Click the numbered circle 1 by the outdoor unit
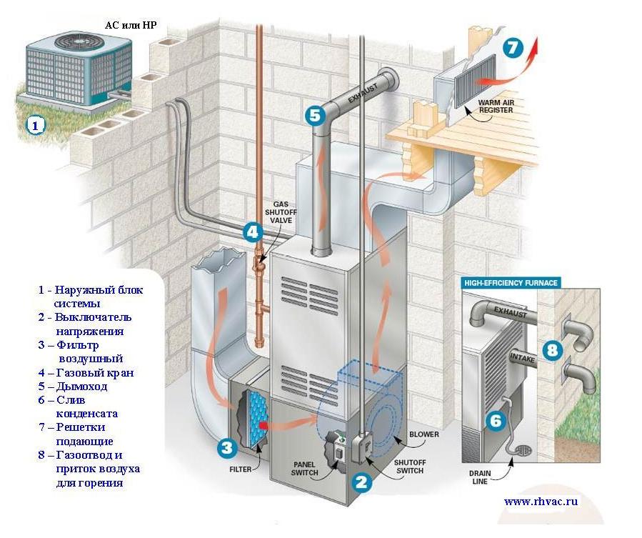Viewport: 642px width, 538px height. (x=35, y=125)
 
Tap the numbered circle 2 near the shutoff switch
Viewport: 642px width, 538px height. (x=361, y=482)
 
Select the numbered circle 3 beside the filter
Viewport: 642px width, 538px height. (x=227, y=447)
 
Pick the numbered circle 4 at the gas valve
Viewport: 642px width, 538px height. (x=253, y=232)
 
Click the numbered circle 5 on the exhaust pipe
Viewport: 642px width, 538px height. (x=315, y=116)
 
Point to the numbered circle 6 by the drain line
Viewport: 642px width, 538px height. (x=496, y=420)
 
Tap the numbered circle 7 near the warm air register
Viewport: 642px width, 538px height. (x=513, y=48)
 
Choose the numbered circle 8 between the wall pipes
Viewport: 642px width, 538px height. (x=552, y=350)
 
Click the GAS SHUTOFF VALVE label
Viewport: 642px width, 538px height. (x=281, y=212)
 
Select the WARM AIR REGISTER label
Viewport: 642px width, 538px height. (x=496, y=106)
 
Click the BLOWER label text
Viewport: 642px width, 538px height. (x=423, y=434)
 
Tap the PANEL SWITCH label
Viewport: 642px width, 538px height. (x=304, y=469)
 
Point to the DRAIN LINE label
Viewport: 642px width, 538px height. (x=480, y=477)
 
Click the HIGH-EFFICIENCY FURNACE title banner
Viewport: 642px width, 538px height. (x=511, y=283)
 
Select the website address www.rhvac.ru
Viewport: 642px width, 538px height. (x=541, y=501)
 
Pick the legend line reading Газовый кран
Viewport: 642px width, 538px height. (x=86, y=372)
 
